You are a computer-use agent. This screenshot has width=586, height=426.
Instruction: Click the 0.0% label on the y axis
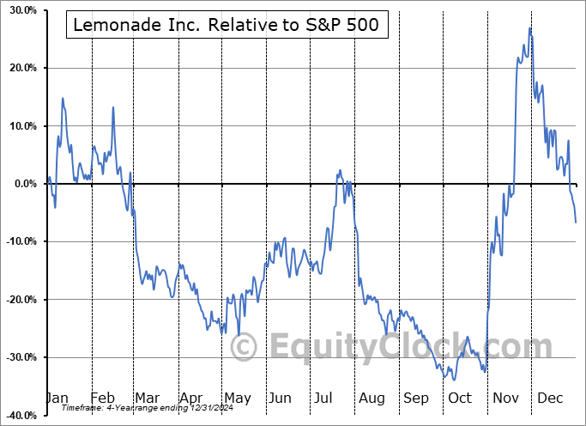(x=21, y=184)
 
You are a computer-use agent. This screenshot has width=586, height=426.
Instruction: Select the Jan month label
(x=57, y=398)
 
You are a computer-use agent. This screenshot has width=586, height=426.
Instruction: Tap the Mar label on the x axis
(x=147, y=398)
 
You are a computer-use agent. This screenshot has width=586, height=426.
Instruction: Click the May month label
(x=237, y=398)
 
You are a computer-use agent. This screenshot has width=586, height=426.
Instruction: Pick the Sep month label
(x=416, y=398)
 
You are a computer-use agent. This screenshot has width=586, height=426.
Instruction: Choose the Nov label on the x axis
(x=506, y=398)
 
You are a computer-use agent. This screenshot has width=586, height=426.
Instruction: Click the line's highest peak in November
(x=530, y=27)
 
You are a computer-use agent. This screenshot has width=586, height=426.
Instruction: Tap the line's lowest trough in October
(x=454, y=379)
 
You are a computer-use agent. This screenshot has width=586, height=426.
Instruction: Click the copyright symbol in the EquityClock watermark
(x=245, y=348)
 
